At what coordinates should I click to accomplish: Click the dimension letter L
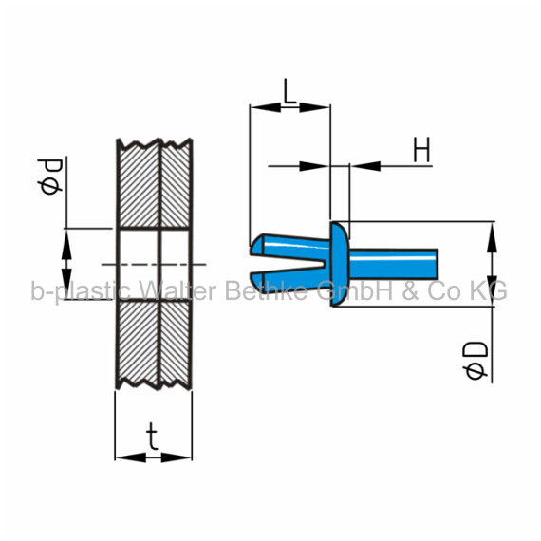click(x=289, y=91)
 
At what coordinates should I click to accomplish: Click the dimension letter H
click(x=421, y=149)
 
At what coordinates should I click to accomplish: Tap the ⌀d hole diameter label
click(x=50, y=177)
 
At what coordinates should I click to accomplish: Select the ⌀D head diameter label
click(x=476, y=361)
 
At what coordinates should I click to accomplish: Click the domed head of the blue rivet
click(x=340, y=264)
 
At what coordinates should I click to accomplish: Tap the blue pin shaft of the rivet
click(x=394, y=264)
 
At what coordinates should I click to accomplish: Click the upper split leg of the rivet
click(x=289, y=247)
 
